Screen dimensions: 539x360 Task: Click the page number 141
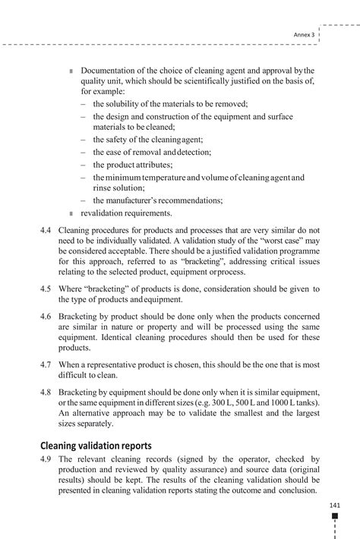coord(335,506)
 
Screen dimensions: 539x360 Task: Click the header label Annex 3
coord(304,35)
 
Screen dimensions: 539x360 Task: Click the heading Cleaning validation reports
coord(96,446)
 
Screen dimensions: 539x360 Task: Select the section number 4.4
coord(46,229)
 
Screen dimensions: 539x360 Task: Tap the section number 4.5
coord(46,288)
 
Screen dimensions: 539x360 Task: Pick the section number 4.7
coord(46,364)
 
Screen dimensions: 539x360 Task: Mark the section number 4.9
coord(46,459)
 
